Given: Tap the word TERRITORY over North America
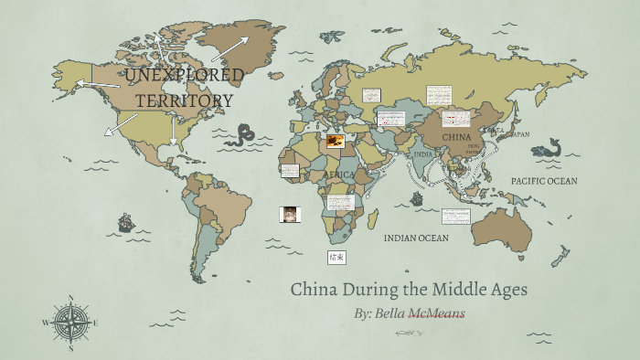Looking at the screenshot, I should click(185, 100).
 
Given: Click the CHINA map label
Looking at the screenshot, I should click(456, 137).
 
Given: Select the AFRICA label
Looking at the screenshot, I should click(339, 174).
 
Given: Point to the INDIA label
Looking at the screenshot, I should click(422, 154).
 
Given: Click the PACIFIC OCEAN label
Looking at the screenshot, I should click(544, 181).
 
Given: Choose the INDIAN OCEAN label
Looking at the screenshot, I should click(416, 238).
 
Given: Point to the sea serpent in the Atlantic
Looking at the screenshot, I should click(243, 137).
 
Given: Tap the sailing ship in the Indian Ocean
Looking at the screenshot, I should click(417, 198).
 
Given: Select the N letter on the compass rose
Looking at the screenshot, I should click(70, 298).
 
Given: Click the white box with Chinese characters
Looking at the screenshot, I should click(337, 258).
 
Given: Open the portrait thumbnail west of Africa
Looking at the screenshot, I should click(290, 214).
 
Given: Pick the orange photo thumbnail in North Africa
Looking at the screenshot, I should click(336, 142).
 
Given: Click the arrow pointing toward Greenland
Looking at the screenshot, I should click(234, 46).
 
